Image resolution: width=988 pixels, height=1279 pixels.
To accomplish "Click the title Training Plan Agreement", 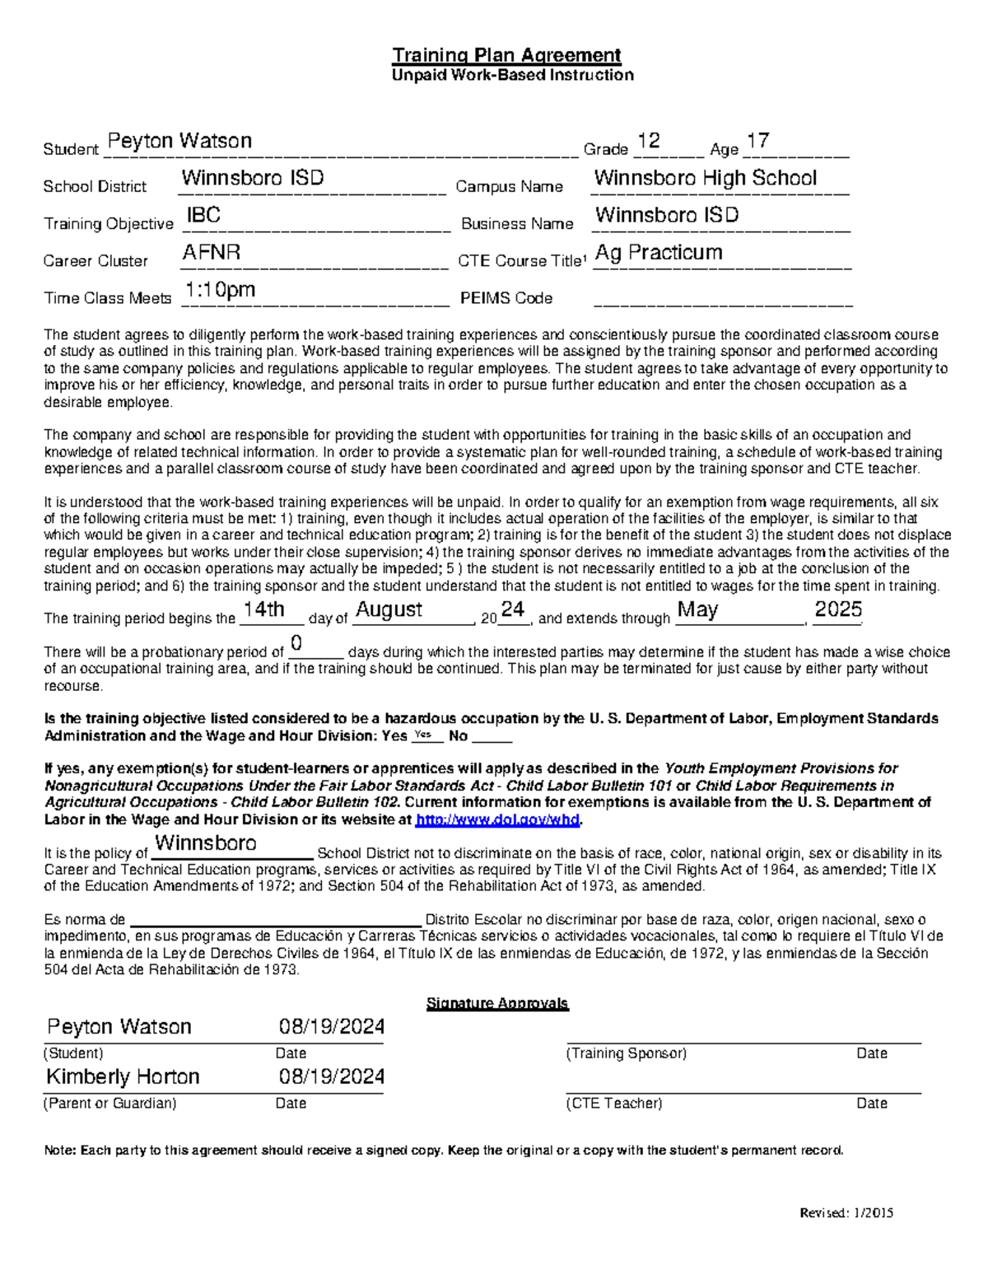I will pos(506,55).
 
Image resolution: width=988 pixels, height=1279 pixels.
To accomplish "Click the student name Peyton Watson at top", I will pos(179,141).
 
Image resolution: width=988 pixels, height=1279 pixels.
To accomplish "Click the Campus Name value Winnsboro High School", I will pos(705,178).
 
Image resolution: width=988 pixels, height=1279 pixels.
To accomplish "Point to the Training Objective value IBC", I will pos(203,215).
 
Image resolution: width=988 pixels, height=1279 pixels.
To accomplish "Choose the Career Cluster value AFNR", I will pos(211,252).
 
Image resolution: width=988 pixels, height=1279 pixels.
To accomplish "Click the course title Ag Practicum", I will pos(658,252).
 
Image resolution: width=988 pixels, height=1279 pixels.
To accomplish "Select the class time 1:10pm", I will pos(220,290).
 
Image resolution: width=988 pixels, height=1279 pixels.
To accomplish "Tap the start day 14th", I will pos(263,609).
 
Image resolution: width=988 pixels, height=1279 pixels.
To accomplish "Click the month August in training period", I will pos(389,609).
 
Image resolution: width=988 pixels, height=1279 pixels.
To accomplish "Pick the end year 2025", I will pos(837,609).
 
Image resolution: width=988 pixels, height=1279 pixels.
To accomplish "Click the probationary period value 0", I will pos(296,642).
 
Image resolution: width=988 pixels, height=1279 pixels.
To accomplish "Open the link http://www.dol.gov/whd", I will pos(497,819).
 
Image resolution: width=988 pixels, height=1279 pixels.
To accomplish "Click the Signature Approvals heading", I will pos(497,1003).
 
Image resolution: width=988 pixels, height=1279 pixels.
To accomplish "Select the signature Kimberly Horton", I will pos(123,1076).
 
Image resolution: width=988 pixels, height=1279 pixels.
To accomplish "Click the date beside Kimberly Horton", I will pos(332,1076).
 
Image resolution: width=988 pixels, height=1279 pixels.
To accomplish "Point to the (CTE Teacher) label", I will pos(613,1104).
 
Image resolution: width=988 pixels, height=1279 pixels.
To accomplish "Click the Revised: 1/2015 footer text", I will pos(846,1212).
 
